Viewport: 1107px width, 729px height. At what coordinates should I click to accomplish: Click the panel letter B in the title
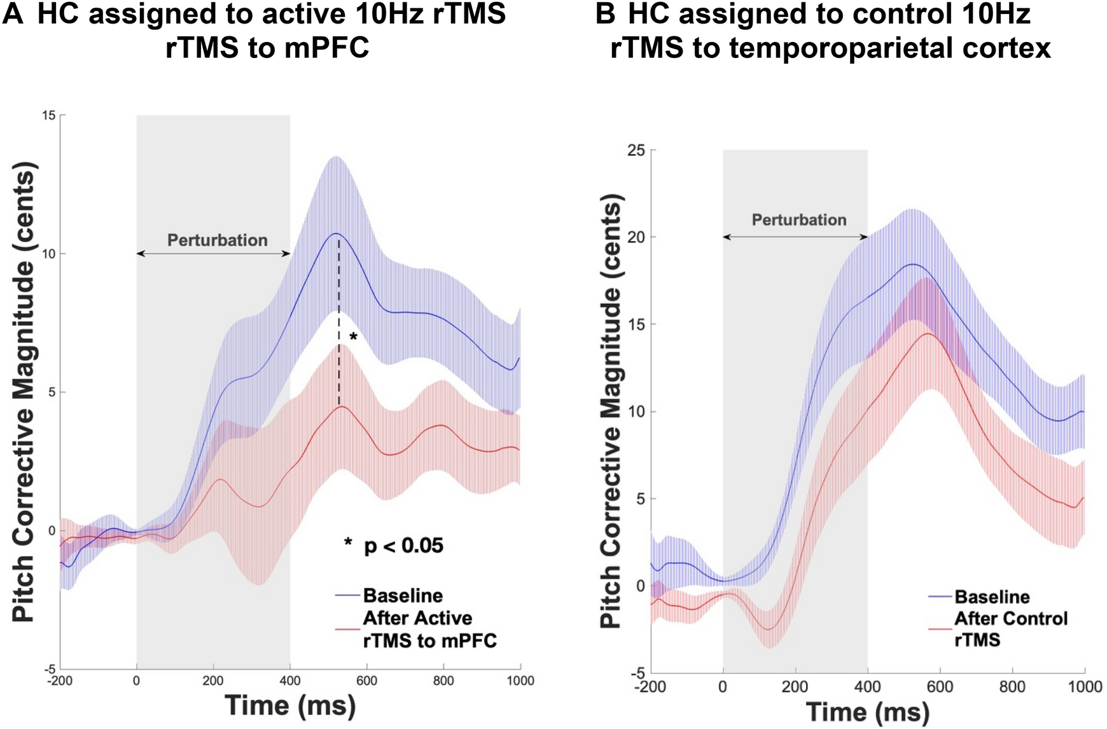(x=605, y=14)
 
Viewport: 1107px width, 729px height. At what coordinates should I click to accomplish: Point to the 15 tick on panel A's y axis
(x=49, y=115)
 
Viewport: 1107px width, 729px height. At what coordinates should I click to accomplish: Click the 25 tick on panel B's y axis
(x=636, y=150)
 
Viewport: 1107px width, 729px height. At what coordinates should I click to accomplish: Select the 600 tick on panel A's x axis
(x=366, y=681)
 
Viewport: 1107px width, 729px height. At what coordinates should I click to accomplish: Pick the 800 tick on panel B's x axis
(x=1012, y=687)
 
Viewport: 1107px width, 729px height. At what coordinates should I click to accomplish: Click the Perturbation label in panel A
(x=217, y=240)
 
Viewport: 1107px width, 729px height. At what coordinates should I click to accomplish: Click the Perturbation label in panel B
(x=799, y=220)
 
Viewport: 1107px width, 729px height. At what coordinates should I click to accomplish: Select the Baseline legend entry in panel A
(x=403, y=595)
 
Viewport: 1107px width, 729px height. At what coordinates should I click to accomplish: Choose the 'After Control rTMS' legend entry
(x=1010, y=628)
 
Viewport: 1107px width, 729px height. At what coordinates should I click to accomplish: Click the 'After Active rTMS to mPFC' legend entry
(x=429, y=629)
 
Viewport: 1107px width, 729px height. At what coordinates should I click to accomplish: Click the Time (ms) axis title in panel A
(x=290, y=705)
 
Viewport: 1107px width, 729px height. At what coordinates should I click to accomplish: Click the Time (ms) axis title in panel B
(x=868, y=712)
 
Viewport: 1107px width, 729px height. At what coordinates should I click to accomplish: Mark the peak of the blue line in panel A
(x=336, y=233)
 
